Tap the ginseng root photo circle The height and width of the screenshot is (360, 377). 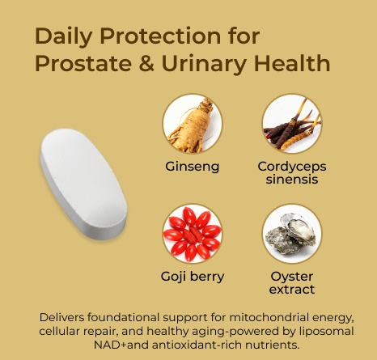[193, 124]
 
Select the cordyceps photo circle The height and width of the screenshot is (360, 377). [291, 124]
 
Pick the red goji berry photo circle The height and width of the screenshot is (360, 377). [193, 234]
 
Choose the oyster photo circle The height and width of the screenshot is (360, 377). [291, 234]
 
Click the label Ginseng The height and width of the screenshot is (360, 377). [193, 167]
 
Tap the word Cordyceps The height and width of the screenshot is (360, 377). [291, 167]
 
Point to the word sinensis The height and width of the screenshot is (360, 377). [291, 180]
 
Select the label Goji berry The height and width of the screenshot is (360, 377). [193, 277]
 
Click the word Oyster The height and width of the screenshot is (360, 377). [292, 276]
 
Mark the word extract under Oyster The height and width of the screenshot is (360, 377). [292, 289]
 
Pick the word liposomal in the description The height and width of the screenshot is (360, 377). [332, 330]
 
